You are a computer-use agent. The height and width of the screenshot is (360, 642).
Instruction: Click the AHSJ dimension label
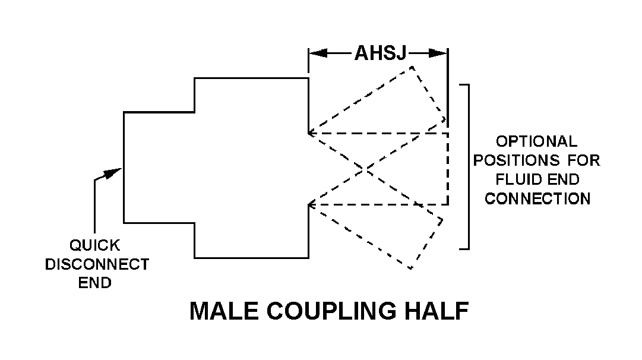pyautogui.click(x=380, y=53)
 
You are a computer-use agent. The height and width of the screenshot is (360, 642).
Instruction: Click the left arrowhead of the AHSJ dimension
pyautogui.click(x=318, y=53)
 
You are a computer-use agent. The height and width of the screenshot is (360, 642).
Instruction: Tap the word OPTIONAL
pyautogui.click(x=536, y=141)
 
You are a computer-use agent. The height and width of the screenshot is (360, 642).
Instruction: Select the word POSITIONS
pyautogui.click(x=516, y=160)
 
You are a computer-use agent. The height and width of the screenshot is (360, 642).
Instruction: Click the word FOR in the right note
pyautogui.click(x=583, y=160)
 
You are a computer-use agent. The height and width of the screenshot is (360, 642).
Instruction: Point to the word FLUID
pyautogui.click(x=516, y=179)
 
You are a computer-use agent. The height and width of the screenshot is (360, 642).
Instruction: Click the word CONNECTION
pyautogui.click(x=537, y=198)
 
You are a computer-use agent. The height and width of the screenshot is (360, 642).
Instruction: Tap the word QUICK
pyautogui.click(x=94, y=245)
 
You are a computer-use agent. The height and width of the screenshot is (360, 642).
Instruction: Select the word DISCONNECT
pyautogui.click(x=97, y=264)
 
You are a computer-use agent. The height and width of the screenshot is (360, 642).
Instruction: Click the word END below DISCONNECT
pyautogui.click(x=94, y=283)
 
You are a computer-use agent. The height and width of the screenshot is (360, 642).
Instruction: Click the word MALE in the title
pyautogui.click(x=224, y=311)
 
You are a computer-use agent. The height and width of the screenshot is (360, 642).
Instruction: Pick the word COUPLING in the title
pyautogui.click(x=331, y=311)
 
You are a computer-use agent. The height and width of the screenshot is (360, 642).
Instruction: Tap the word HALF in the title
pyautogui.click(x=437, y=311)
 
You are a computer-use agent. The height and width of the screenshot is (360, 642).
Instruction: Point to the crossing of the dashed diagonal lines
pyautogui.click(x=364, y=169)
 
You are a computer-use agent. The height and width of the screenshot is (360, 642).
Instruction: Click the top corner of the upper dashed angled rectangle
pyautogui.click(x=412, y=67)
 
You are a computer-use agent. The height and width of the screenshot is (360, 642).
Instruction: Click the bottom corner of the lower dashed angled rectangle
pyautogui.click(x=410, y=269)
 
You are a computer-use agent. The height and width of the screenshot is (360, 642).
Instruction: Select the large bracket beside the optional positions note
pyautogui.click(x=464, y=167)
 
